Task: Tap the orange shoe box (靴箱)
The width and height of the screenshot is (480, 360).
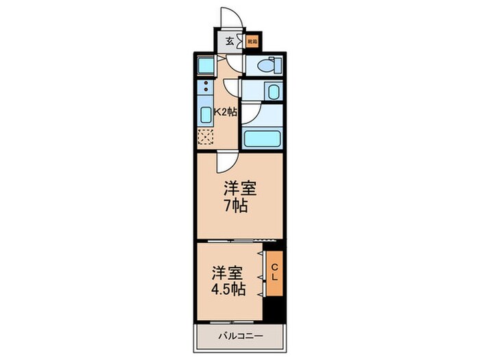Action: point(252,41)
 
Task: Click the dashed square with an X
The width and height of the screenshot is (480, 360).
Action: point(205,136)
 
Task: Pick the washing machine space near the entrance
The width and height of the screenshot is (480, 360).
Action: point(205,66)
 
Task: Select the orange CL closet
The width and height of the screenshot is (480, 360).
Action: point(274,272)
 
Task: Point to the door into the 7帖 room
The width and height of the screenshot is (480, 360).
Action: point(224,162)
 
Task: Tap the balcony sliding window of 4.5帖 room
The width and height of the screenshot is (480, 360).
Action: point(230,322)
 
